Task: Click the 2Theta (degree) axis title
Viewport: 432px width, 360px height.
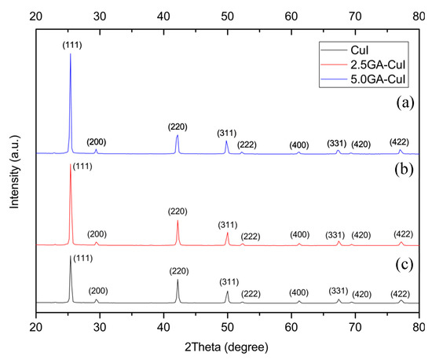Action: pos(228,347)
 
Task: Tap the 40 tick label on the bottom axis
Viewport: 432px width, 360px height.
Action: pos(163,326)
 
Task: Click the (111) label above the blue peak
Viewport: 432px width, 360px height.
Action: pos(72,46)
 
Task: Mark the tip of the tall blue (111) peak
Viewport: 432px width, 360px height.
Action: pos(71,53)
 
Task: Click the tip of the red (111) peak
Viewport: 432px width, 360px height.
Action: pos(71,164)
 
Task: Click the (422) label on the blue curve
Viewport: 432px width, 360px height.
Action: pos(399,141)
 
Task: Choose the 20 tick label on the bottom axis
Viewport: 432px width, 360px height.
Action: pos(36,326)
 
